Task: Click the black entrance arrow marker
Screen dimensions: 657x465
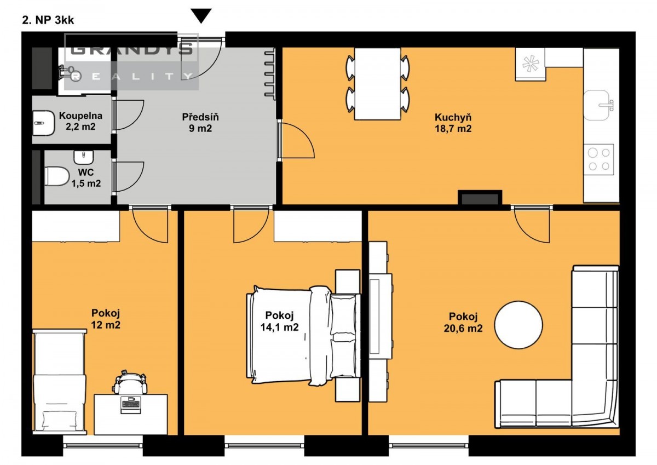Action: click(x=201, y=15)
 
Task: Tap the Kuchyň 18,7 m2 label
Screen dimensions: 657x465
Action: click(x=453, y=123)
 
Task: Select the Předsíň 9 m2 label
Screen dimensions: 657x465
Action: click(x=200, y=123)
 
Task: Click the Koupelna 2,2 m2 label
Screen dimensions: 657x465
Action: click(x=80, y=121)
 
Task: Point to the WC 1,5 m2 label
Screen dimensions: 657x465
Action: click(x=87, y=178)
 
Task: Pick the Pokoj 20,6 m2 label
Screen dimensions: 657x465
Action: click(x=463, y=322)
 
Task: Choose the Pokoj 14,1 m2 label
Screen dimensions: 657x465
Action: click(x=280, y=321)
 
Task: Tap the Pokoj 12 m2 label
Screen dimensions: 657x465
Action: click(x=106, y=319)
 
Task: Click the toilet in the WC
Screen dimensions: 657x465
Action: click(x=56, y=176)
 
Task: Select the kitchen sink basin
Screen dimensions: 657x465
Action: click(x=597, y=105)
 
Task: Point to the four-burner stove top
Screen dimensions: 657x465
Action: click(x=599, y=159)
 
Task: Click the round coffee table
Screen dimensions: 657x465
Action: click(x=518, y=325)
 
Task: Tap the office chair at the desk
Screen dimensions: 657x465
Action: click(x=130, y=382)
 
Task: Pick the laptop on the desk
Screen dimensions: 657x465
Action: click(x=130, y=405)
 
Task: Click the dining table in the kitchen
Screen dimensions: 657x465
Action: click(x=377, y=84)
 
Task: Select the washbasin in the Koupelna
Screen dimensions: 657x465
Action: click(x=43, y=123)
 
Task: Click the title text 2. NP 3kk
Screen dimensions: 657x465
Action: click(x=48, y=20)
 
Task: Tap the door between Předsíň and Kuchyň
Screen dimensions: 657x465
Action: click(x=296, y=140)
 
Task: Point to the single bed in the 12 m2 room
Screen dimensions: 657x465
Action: click(x=60, y=382)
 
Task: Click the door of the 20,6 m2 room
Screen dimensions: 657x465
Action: click(x=532, y=224)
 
